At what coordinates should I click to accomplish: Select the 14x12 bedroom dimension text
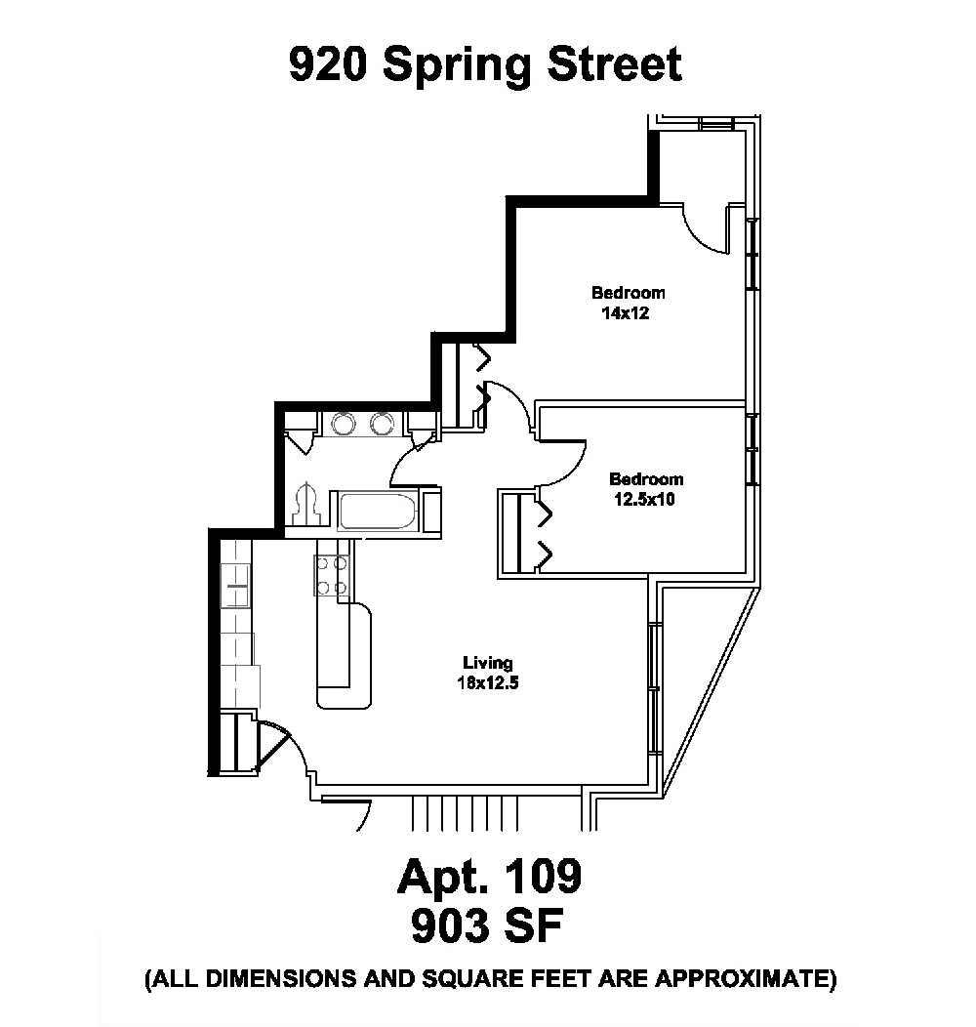626,314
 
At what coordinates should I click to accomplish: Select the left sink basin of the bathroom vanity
346,424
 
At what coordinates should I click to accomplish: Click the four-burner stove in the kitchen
331,575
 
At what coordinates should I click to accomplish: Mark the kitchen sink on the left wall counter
237,588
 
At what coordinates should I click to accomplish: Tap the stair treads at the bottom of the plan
465,810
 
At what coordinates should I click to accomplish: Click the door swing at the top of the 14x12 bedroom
705,230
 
